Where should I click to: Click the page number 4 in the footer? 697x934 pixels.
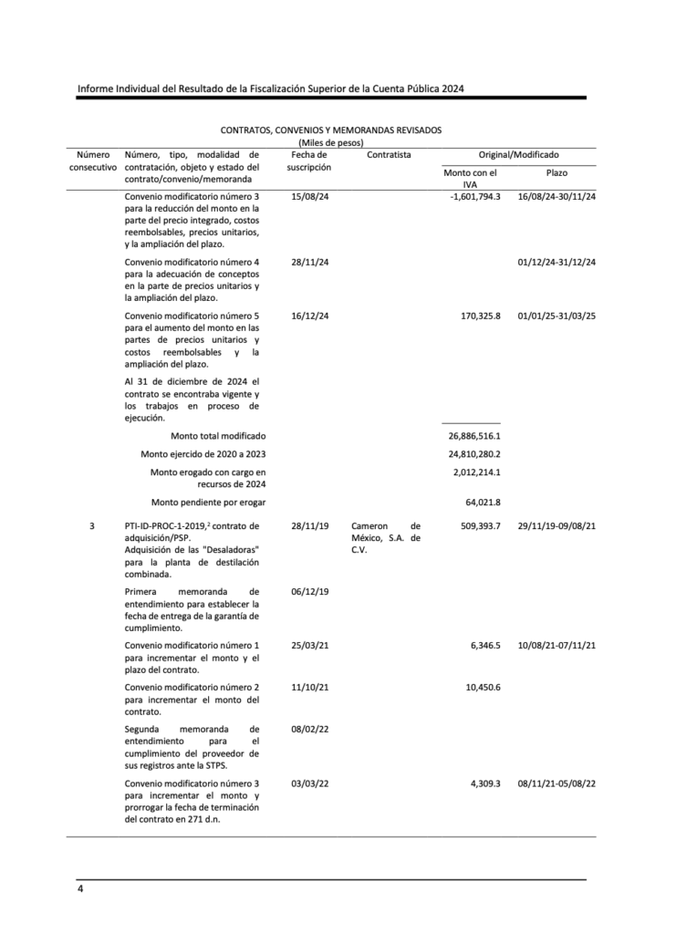(x=80, y=888)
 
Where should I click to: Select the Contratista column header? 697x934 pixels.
(x=389, y=155)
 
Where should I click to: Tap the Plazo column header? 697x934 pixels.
(x=557, y=172)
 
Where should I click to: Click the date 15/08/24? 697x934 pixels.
(x=309, y=197)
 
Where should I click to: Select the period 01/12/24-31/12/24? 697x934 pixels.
(x=557, y=263)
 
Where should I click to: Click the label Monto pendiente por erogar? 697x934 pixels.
(x=209, y=502)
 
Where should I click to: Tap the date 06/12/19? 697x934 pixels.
(x=309, y=592)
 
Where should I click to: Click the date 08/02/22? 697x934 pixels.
(x=309, y=730)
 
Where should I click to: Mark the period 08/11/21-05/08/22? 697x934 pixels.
(x=557, y=784)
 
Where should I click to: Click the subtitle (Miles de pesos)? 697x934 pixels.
(x=331, y=142)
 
